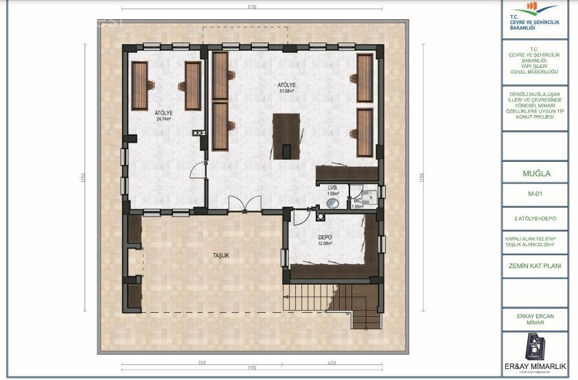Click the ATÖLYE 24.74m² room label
point(163,115)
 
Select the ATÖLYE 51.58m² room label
point(286,87)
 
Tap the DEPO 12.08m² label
point(325,241)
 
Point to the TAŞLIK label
point(220,255)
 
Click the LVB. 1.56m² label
point(334,190)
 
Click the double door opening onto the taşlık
point(244,204)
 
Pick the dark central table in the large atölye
point(287,136)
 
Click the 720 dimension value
point(203,361)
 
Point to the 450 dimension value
point(331,361)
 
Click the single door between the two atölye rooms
point(202,168)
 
